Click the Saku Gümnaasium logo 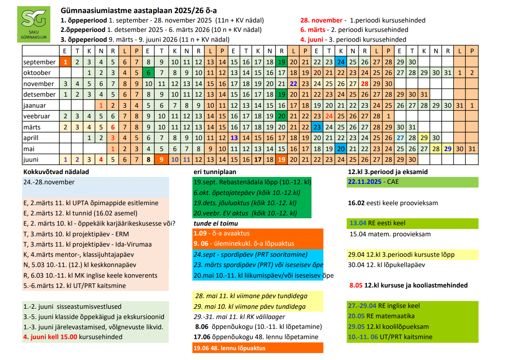pos(36,25)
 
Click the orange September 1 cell pos(65,62)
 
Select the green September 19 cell pos(282,62)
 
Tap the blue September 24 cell pos(341,62)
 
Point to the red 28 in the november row pos(364,84)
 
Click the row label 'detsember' pos(39,94)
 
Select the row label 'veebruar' pos(37,116)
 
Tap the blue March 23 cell pos(317,127)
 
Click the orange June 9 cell pos(162,159)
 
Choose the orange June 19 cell pos(282,159)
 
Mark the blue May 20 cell pos(341,148)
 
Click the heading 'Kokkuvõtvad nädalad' pos(56,172)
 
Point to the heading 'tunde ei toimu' pos(215,223)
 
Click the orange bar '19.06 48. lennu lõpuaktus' pos(257,348)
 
